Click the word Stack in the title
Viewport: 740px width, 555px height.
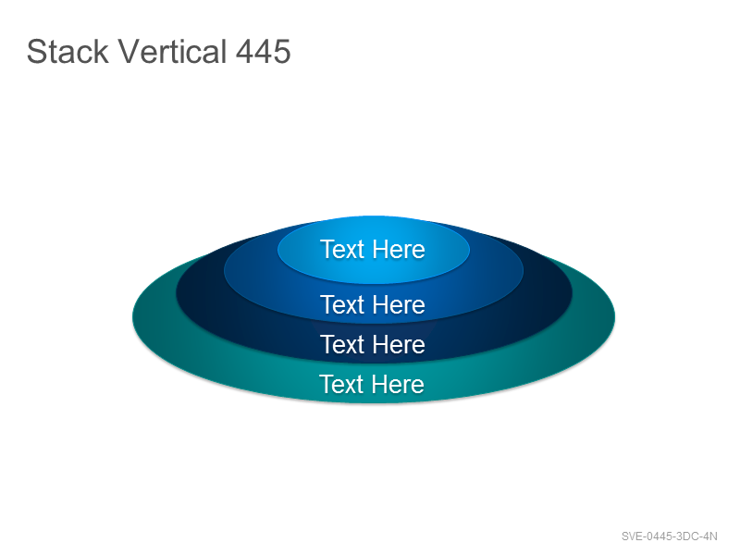tap(68, 51)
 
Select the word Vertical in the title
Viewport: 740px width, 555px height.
tap(172, 51)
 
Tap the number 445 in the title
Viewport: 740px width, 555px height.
tap(264, 52)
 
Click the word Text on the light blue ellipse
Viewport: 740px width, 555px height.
tap(342, 249)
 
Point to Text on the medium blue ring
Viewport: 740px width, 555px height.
tap(342, 304)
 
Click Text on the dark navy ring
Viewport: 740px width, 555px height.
tap(342, 344)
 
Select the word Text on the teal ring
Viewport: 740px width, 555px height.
tap(341, 384)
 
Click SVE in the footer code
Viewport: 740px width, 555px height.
tap(632, 536)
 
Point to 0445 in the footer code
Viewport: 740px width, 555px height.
tap(658, 536)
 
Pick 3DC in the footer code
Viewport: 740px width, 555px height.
tap(684, 536)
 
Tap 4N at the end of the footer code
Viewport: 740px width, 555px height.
tap(708, 536)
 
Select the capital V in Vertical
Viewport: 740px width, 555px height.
tap(129, 52)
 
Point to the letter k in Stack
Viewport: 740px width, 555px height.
tap(102, 51)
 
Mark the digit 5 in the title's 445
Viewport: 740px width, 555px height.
tap(282, 52)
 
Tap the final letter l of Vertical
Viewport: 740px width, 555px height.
tap(225, 51)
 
